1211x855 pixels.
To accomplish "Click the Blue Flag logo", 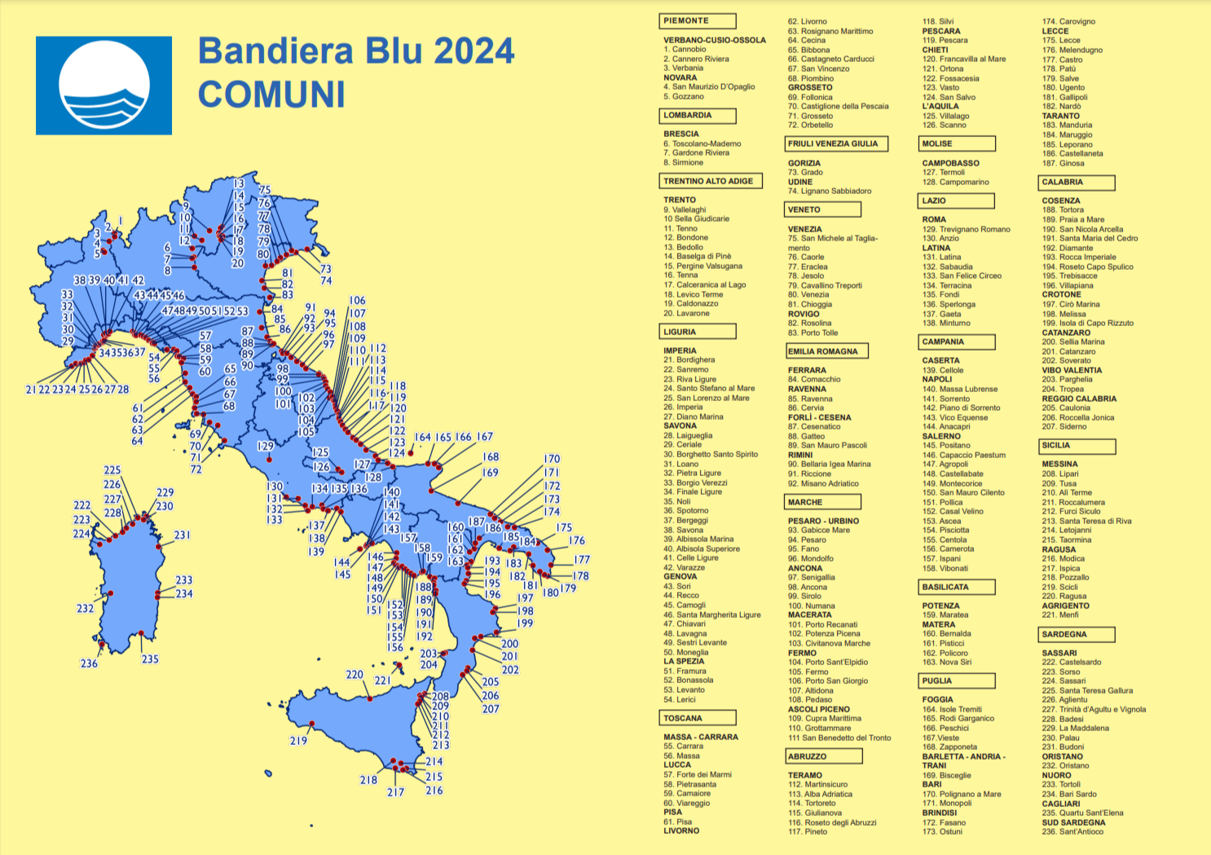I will (103, 85).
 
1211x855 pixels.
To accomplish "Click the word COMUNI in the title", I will (271, 94).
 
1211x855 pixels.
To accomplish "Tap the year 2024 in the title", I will (473, 51).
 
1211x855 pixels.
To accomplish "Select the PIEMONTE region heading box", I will (698, 21).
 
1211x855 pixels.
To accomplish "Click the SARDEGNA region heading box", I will (1077, 634).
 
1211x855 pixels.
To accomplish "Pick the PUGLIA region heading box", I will (957, 681).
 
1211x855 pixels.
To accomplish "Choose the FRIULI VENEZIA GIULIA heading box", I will (835, 143).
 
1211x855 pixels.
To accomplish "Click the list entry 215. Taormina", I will (1066, 540).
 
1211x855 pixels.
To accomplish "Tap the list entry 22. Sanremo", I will (685, 369).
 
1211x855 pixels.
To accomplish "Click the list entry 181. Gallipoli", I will (1064, 97).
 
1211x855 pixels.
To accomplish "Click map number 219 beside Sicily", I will (298, 741).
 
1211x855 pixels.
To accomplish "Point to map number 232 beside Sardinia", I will (86, 608).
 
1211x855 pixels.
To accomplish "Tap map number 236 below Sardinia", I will (89, 663).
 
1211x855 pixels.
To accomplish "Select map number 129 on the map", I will (265, 446).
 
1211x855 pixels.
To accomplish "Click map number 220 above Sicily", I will (354, 674).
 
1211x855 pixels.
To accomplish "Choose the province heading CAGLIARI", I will (1061, 804).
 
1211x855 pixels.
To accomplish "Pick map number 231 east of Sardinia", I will (182, 535).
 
